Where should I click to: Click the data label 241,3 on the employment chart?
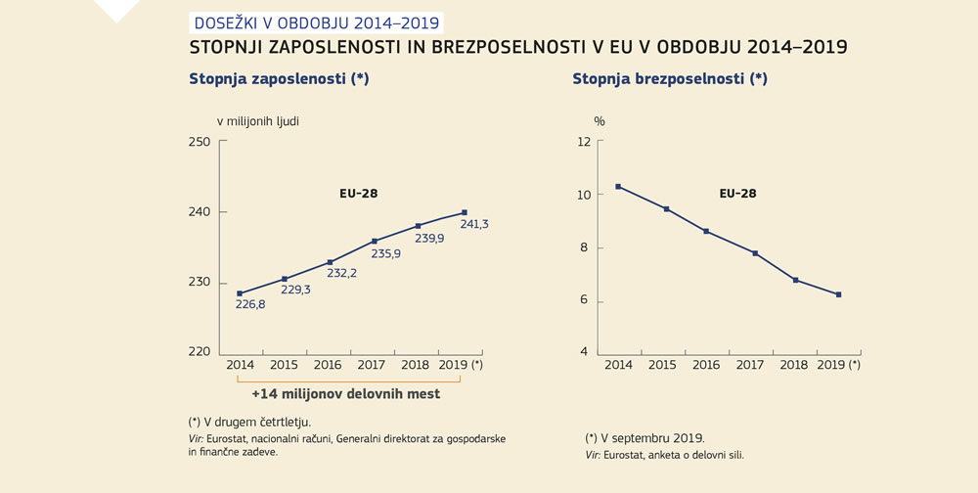[x=473, y=224]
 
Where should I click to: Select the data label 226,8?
[x=250, y=304]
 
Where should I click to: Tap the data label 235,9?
[x=385, y=253]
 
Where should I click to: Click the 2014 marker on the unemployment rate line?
[x=618, y=186]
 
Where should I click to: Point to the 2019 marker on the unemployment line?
[x=839, y=294]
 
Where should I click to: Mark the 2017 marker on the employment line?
[x=375, y=241]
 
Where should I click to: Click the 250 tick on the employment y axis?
[x=200, y=142]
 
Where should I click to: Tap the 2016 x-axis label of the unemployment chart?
[x=706, y=365]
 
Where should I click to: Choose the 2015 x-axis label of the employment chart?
[x=284, y=365]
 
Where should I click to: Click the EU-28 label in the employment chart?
[x=352, y=194]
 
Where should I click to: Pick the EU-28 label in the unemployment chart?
[x=737, y=194]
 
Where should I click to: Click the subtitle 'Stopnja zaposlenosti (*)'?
[x=279, y=79]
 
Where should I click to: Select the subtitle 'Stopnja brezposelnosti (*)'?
[x=670, y=79]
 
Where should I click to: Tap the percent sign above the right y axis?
[x=600, y=121]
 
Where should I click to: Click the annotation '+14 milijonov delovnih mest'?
[x=345, y=394]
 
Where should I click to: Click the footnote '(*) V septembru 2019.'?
[x=645, y=438]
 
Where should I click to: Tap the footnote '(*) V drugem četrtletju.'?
[x=249, y=422]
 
